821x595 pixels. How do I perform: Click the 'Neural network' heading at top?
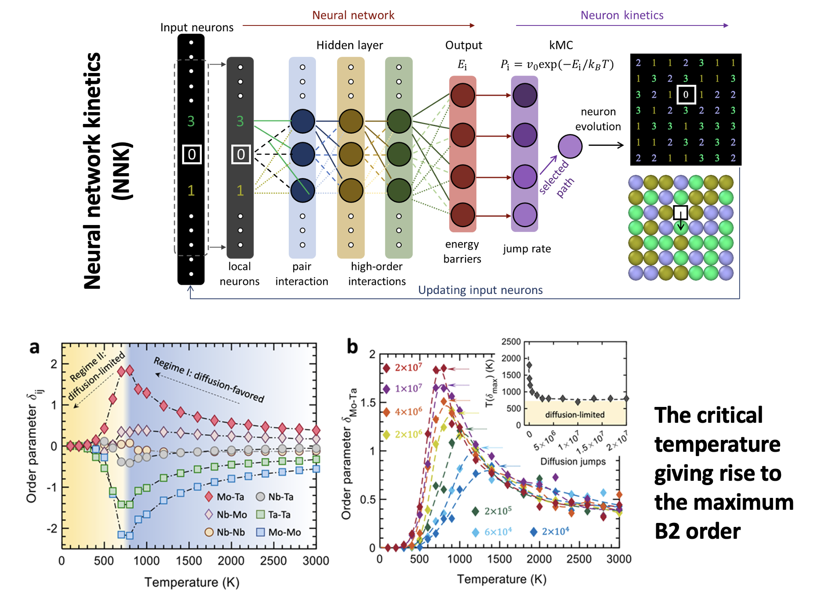point(353,15)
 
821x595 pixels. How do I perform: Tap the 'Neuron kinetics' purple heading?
point(621,15)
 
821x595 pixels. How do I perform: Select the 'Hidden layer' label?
point(349,45)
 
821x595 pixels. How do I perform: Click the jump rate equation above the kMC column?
point(557,65)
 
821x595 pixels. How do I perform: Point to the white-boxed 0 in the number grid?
point(686,94)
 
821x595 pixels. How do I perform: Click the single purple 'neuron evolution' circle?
point(570,146)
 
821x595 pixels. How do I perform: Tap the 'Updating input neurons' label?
point(480,290)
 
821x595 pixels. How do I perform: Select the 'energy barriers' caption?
point(462,251)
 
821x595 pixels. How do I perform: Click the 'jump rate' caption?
point(527,249)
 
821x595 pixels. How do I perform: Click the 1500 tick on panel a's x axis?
point(189,561)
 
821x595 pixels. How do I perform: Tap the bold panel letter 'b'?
point(352,346)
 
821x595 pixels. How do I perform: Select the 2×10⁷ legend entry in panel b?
point(402,368)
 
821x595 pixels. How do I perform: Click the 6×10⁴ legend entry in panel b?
point(491,532)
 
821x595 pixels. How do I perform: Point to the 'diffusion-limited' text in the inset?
point(574,414)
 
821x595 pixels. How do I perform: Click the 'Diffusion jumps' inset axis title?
point(573,461)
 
